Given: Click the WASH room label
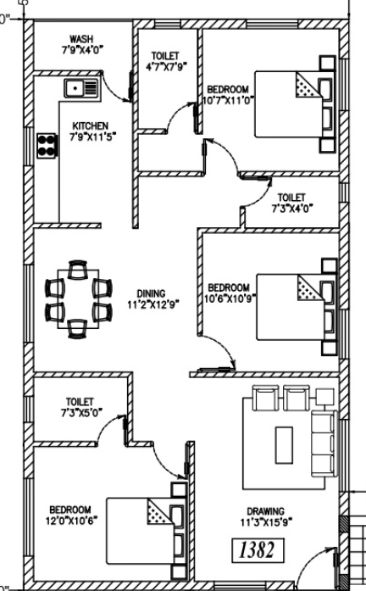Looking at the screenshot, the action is click(81, 39).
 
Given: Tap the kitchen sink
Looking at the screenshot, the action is click(82, 89).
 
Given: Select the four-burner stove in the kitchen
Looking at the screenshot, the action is click(47, 146).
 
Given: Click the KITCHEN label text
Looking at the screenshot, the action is click(91, 125).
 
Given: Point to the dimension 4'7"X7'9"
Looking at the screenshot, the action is click(166, 67).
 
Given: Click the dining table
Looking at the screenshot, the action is click(78, 298).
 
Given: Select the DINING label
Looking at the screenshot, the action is click(151, 293).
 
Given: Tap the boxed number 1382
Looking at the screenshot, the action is click(258, 550).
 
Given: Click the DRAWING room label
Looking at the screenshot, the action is click(266, 511).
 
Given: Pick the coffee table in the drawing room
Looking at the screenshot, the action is click(285, 445).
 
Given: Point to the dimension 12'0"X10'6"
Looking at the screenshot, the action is click(71, 521).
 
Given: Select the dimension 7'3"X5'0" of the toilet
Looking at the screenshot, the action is click(81, 413).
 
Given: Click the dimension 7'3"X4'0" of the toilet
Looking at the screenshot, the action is click(292, 208).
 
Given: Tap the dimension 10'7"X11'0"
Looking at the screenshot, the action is click(228, 101).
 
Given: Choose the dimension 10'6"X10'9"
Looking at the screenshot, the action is click(230, 299).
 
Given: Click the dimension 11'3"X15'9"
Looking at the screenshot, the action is click(267, 522).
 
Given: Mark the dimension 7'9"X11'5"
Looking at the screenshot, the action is click(92, 137).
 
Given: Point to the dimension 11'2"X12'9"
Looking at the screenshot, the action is click(152, 304).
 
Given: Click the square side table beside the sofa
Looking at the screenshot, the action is click(324, 398).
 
